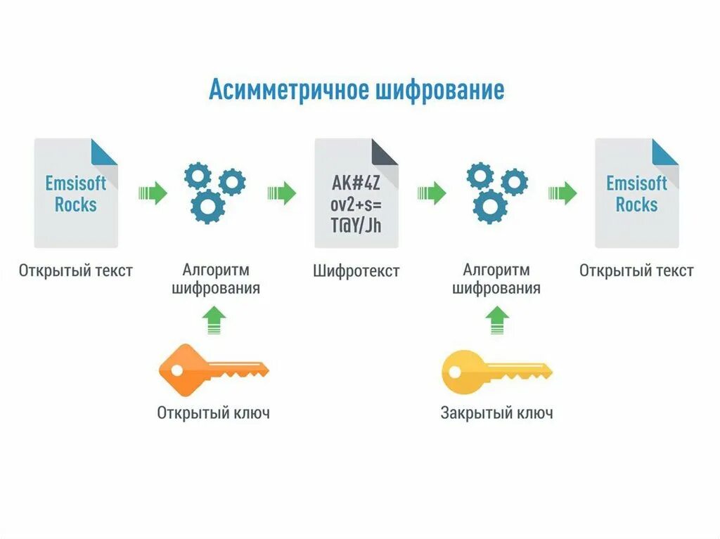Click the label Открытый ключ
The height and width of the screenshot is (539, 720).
pos(213,413)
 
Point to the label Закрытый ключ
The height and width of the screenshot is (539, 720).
pos(496,413)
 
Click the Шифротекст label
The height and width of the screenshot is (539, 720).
pos(356,271)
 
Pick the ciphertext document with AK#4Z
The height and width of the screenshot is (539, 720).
pos(356,193)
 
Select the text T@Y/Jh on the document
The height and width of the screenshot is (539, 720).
pos(356,225)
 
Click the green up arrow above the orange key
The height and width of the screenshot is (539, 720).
pos(214,320)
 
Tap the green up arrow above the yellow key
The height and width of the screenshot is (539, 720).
pos(497,320)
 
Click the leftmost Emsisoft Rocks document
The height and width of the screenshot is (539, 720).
pos(76,193)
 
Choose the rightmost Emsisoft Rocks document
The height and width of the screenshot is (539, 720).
pos(636,193)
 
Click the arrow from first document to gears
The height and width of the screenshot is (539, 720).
pos(153,193)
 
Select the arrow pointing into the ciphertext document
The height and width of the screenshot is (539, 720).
pos(281,193)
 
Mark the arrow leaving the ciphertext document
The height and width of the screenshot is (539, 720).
pos(432,193)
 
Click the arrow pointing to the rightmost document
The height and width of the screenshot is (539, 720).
pos(562,193)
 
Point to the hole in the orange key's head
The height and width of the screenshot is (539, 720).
pos(175,370)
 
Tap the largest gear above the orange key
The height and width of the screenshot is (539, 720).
pos(208,207)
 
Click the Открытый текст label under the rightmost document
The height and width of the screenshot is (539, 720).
pos(636,271)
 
